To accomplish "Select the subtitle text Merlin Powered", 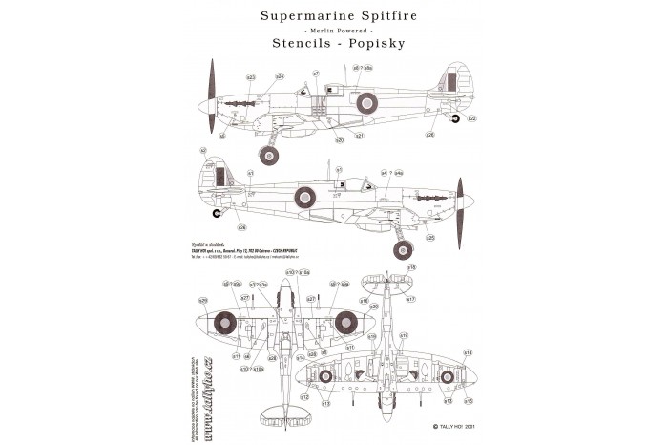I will (333, 30).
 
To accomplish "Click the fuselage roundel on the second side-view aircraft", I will (304, 198).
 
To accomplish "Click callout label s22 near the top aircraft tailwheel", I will (471, 118).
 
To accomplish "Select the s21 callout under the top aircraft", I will (360, 136).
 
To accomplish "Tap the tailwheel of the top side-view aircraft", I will (456, 119).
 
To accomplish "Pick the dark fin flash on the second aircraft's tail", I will (221, 175).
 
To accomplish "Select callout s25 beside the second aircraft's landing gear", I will (430, 238).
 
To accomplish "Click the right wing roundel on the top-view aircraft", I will (344, 326).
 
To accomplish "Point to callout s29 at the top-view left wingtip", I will (203, 302).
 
